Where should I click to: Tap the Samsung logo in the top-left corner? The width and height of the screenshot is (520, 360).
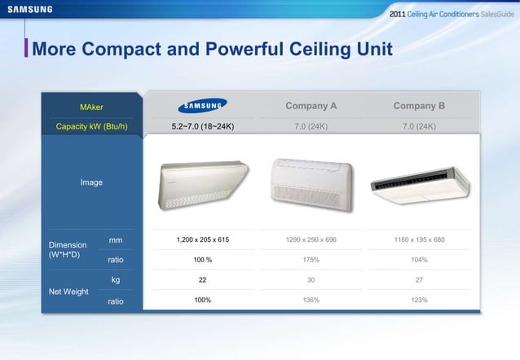[x=30, y=10]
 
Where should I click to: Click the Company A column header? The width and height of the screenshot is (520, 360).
[x=311, y=105]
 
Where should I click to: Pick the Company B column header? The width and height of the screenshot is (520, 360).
[x=419, y=105]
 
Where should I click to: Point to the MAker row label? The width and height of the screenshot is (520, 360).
[x=90, y=107]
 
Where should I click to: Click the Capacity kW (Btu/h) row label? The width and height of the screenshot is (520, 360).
[x=90, y=126]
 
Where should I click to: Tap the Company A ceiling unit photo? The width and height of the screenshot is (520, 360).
[x=311, y=184]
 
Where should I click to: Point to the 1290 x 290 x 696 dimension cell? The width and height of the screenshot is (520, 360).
[x=311, y=240]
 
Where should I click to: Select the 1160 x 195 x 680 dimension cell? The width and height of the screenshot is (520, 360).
[x=419, y=240]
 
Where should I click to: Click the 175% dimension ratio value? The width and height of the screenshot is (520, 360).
[x=311, y=260]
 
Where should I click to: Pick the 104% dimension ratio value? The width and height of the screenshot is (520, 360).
[x=419, y=260]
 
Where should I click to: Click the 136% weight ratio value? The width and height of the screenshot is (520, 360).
[x=311, y=300]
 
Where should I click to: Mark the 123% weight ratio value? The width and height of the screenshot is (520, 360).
[x=419, y=300]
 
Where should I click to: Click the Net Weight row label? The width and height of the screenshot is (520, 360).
[x=69, y=291]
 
